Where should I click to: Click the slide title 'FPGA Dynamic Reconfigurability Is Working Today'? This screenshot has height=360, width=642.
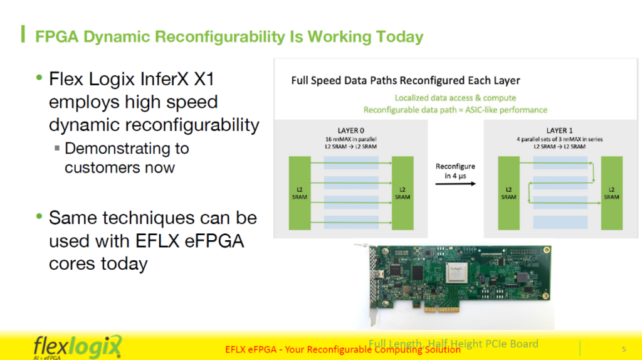[x=229, y=36]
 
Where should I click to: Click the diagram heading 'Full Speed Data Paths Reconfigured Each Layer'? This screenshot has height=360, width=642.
[x=406, y=81]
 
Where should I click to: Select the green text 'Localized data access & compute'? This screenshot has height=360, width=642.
[x=455, y=98]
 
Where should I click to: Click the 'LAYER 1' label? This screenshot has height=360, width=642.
[x=560, y=130]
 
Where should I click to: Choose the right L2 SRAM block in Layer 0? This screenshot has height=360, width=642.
[x=403, y=193]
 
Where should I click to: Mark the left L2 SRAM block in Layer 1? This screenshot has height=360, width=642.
[x=508, y=193]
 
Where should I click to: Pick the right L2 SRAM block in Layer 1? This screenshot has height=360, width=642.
[x=612, y=193]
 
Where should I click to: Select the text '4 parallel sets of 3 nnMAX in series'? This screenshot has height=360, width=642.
[x=560, y=139]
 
